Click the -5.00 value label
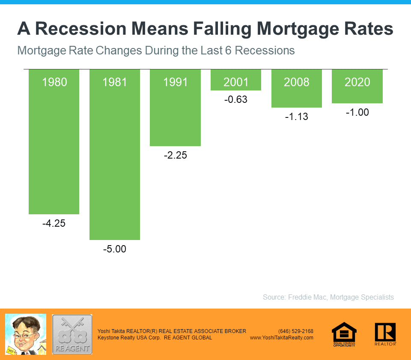(x=115, y=249)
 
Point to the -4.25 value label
(x=54, y=223)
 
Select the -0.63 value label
(x=236, y=100)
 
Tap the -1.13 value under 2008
(x=297, y=117)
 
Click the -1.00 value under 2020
(x=357, y=113)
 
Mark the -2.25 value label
(x=175, y=155)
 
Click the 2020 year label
(x=357, y=82)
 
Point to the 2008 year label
(x=297, y=82)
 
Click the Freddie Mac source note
(x=328, y=297)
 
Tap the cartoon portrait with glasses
(x=26, y=334)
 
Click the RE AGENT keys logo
(x=72, y=334)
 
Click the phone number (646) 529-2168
(x=296, y=331)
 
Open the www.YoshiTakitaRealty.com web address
(x=282, y=338)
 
